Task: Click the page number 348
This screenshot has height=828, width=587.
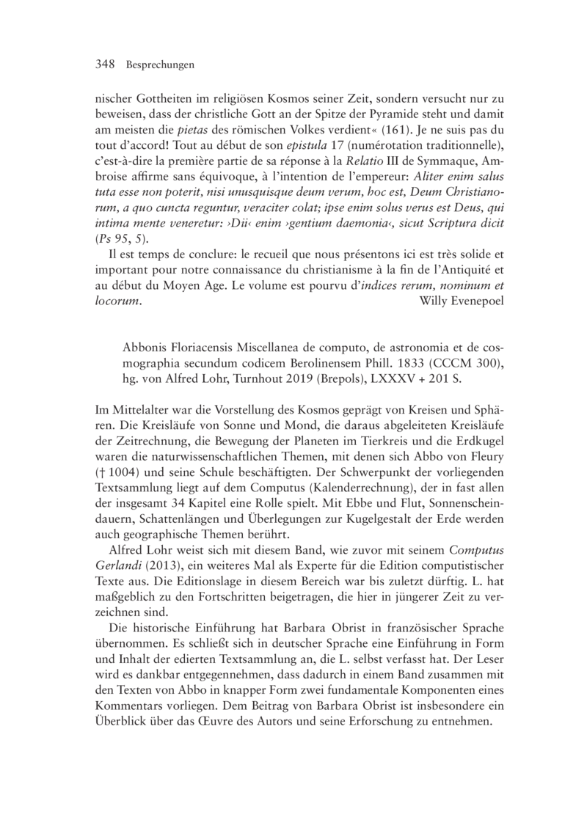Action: pyautogui.click(x=107, y=65)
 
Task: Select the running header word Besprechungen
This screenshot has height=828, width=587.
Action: pyautogui.click(x=160, y=65)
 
